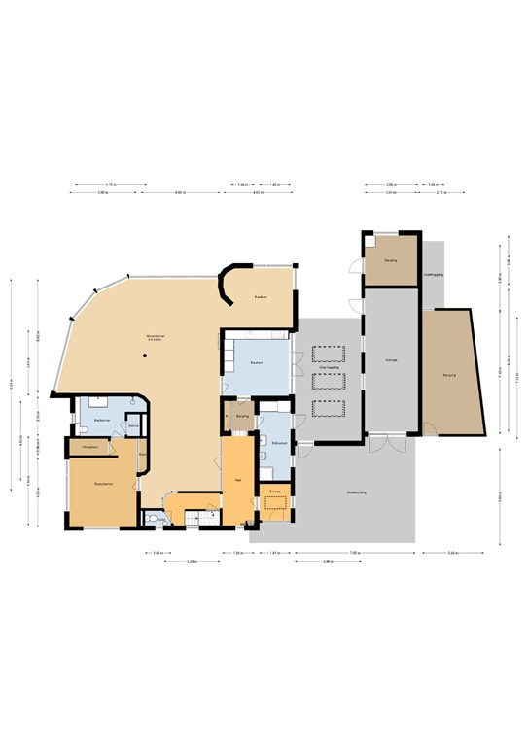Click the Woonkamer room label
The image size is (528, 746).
[156, 336]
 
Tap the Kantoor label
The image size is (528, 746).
[260, 296]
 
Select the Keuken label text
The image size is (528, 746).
[256, 363]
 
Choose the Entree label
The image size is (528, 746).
[274, 493]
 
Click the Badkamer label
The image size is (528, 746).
[102, 420]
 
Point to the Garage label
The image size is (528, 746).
[391, 360]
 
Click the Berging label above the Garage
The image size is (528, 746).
[391, 261]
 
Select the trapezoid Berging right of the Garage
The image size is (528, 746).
[449, 374]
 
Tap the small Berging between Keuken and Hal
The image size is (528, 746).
[242, 416]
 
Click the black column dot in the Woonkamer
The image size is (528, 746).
[144, 356]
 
